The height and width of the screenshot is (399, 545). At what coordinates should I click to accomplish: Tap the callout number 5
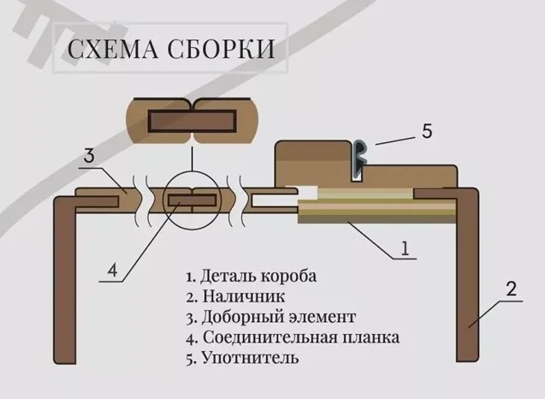427,132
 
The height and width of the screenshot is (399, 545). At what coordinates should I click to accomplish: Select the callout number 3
89,157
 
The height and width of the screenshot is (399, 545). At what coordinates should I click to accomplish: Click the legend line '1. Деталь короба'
251,277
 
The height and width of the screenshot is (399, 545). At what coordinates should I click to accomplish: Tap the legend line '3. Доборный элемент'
270,318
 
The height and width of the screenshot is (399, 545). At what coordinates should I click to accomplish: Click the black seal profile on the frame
360,158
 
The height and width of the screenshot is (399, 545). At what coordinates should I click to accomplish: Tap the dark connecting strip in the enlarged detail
193,120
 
